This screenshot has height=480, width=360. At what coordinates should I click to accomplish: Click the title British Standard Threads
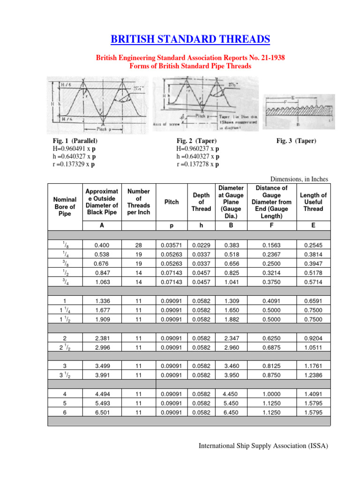[x=190, y=39]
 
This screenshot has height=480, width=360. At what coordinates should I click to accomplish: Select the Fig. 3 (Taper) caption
[x=296, y=141]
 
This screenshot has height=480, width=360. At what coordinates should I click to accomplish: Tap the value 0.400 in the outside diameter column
[x=102, y=245]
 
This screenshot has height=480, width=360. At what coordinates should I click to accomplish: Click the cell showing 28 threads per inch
[x=138, y=245]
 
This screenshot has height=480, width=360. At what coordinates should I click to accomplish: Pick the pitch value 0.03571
[x=172, y=245]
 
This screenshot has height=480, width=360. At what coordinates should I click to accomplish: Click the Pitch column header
[x=172, y=202]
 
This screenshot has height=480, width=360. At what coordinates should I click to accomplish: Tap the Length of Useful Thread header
[x=314, y=202]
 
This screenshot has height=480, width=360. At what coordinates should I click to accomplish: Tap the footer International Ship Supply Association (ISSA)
[x=263, y=446]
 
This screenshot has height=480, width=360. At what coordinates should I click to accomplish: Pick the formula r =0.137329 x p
[x=75, y=164]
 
